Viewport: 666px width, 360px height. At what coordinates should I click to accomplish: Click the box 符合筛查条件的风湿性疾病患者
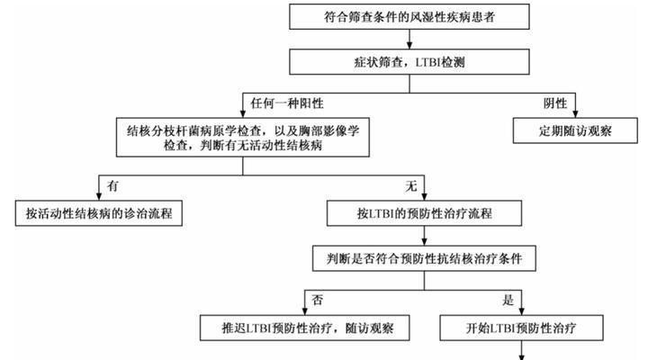pos(409,16)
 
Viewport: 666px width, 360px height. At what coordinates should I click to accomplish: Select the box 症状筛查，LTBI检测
pos(409,62)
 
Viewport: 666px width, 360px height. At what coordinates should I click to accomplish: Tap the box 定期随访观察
pos(575,130)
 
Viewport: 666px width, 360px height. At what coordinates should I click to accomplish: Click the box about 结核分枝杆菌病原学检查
pos(242,138)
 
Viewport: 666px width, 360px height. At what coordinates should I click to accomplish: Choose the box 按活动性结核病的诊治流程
pos(98,213)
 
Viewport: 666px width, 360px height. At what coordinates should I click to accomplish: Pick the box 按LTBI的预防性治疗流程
pos(424,213)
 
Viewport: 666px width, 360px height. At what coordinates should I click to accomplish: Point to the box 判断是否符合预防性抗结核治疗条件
pos(424,258)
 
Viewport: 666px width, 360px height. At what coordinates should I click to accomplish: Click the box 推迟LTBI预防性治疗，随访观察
pos(304,328)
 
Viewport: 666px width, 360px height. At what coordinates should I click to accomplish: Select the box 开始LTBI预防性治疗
pos(521,328)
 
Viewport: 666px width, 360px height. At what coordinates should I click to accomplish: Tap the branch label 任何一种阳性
pos(287,103)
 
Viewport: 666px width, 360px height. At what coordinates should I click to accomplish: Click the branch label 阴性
pos(555,103)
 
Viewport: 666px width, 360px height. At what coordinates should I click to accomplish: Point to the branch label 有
pos(112,185)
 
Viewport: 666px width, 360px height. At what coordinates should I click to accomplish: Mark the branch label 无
pos(411,185)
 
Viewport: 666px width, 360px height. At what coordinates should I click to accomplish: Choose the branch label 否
pos(318,300)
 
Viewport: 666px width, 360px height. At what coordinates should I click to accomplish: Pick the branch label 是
pos(508,300)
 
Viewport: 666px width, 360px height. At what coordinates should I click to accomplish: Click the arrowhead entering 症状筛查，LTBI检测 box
pos(409,45)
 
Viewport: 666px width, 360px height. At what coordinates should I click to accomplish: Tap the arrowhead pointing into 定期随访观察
pos(575,113)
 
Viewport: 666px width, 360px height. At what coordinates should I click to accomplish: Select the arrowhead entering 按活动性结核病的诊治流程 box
pos(98,196)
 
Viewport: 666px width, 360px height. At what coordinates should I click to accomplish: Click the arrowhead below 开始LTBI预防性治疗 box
pos(522,356)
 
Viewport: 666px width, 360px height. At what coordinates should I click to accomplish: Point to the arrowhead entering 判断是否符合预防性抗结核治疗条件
pos(424,241)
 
